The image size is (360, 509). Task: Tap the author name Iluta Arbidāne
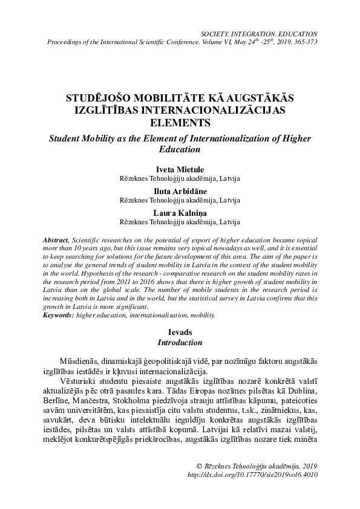pos(180,190)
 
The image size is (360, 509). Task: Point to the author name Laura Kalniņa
pos(180,212)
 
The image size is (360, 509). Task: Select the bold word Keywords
pos(62,316)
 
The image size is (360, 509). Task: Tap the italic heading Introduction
pos(180,343)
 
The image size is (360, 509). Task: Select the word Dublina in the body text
pos(301,390)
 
